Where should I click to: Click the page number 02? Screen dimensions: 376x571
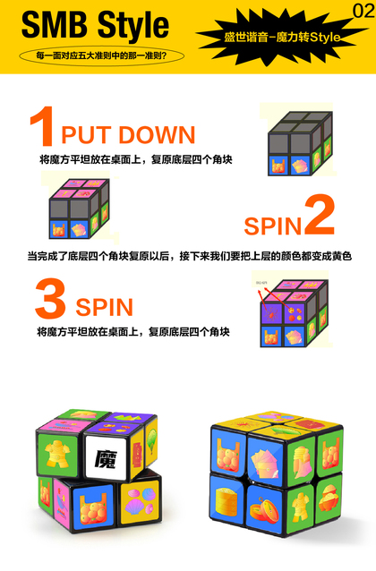click(363, 11)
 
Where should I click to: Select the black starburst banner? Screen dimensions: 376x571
click(282, 37)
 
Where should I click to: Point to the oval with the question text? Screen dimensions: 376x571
click(101, 56)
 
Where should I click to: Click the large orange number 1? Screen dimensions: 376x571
click(42, 125)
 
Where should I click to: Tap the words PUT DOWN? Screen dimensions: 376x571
click(128, 135)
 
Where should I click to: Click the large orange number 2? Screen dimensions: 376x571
click(320, 215)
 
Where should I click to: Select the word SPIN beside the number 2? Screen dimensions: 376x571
click(273, 226)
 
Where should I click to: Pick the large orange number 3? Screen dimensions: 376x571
click(50, 298)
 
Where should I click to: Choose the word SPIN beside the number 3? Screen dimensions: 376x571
click(104, 307)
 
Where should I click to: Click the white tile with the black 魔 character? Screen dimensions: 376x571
click(107, 456)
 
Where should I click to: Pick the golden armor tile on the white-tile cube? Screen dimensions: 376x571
click(57, 453)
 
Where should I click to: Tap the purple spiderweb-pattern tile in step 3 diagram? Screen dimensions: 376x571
click(270, 313)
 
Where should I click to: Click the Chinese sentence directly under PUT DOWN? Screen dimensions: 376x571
click(136, 159)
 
